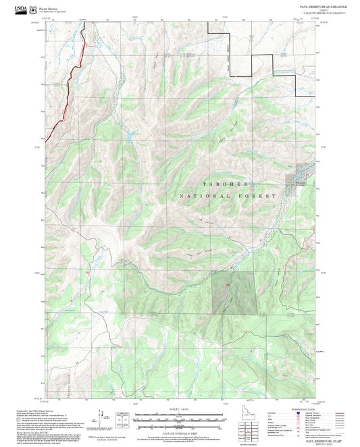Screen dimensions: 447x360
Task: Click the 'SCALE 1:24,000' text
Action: click(178, 408)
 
